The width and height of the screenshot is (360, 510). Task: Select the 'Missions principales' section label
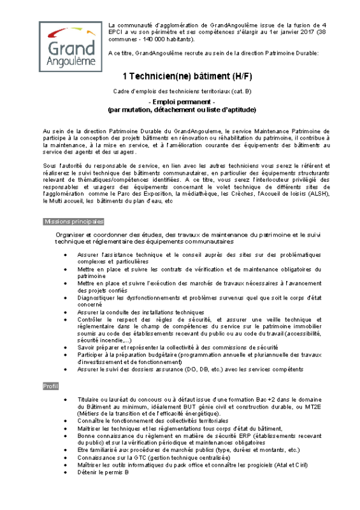[73, 221]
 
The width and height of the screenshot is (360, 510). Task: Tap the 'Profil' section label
[50, 386]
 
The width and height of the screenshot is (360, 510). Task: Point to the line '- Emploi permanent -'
[182, 101]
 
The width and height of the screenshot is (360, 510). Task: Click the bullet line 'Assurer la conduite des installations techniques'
[141, 312]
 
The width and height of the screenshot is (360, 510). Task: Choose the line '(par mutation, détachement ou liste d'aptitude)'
[182, 109]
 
